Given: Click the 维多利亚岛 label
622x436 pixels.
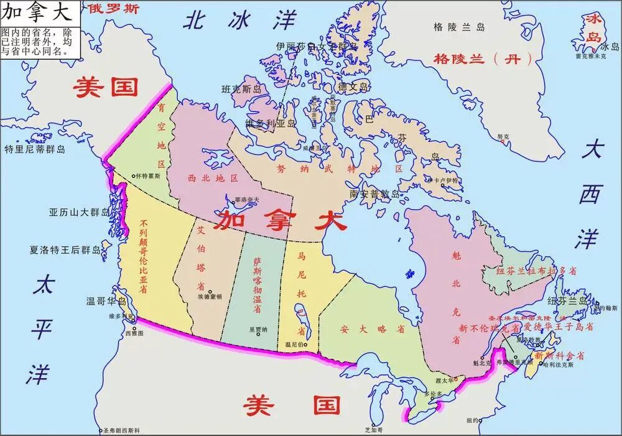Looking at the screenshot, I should [x=271, y=123].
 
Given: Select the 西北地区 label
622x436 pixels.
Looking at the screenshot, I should [x=213, y=178].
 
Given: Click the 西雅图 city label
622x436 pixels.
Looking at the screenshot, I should [x=134, y=333].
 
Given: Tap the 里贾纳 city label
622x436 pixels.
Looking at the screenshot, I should [x=258, y=330].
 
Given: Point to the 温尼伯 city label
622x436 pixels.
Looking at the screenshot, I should [x=295, y=344].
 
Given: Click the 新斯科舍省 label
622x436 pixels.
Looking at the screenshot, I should [x=560, y=356].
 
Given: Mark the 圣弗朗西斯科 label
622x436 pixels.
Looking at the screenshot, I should [x=121, y=430].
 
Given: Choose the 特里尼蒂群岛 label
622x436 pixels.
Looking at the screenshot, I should [x=35, y=149].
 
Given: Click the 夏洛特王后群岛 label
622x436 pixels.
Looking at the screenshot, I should [x=65, y=251].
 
